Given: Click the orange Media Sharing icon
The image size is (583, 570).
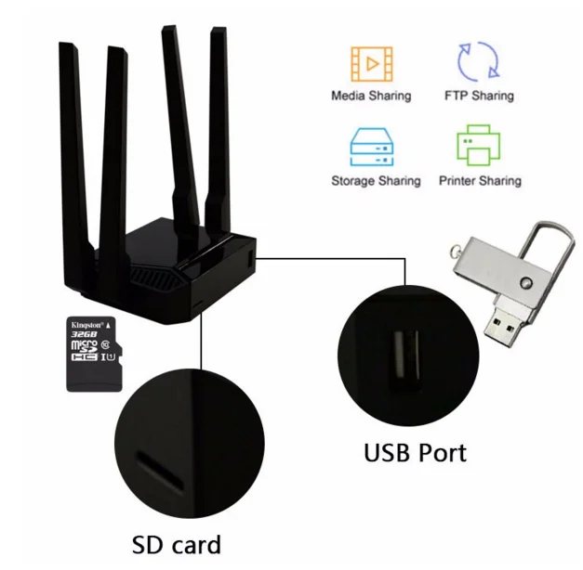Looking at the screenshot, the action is coord(370,63).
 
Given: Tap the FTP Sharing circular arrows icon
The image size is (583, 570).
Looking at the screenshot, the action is coord(478,61).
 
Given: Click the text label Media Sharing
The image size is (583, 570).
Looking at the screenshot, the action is coord(370,96).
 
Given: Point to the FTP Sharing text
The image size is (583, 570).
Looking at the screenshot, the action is coord(479,96).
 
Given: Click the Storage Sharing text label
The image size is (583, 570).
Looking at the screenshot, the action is coord(376,181).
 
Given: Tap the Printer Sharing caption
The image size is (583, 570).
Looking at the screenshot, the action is coord(480,181).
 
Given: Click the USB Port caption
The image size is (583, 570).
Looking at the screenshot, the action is coord(414,452).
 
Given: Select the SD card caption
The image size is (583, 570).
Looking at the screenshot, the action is coord(176,543).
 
